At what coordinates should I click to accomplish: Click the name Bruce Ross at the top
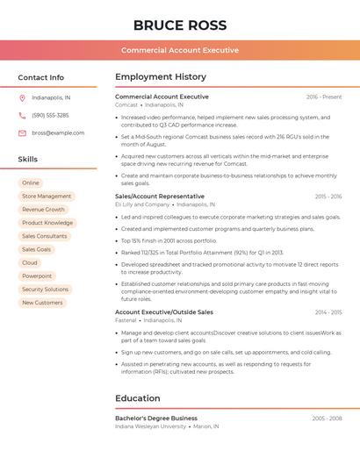(x=180, y=25)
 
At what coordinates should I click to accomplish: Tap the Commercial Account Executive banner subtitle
(x=180, y=50)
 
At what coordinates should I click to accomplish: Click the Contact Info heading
(x=41, y=77)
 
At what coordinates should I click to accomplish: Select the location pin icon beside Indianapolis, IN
(x=22, y=97)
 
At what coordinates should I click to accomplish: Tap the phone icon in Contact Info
(x=22, y=115)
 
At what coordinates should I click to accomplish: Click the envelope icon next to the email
(x=22, y=132)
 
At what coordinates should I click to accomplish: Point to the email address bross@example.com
(x=58, y=132)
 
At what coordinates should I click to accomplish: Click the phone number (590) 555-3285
(x=50, y=115)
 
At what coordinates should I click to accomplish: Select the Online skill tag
(x=31, y=182)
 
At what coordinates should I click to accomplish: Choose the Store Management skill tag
(x=47, y=197)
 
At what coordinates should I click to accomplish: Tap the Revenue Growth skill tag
(x=44, y=210)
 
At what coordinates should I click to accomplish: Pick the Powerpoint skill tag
(x=37, y=276)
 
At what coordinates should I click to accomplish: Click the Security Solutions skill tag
(x=45, y=290)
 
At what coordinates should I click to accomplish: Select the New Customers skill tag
(x=42, y=303)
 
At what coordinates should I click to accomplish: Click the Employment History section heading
(x=161, y=77)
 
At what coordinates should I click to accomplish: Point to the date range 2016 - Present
(x=324, y=97)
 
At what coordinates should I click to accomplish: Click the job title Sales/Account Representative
(x=160, y=197)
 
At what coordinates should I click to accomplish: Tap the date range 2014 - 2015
(x=328, y=312)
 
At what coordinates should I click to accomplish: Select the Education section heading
(x=138, y=398)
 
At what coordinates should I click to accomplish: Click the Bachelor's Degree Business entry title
(x=156, y=418)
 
